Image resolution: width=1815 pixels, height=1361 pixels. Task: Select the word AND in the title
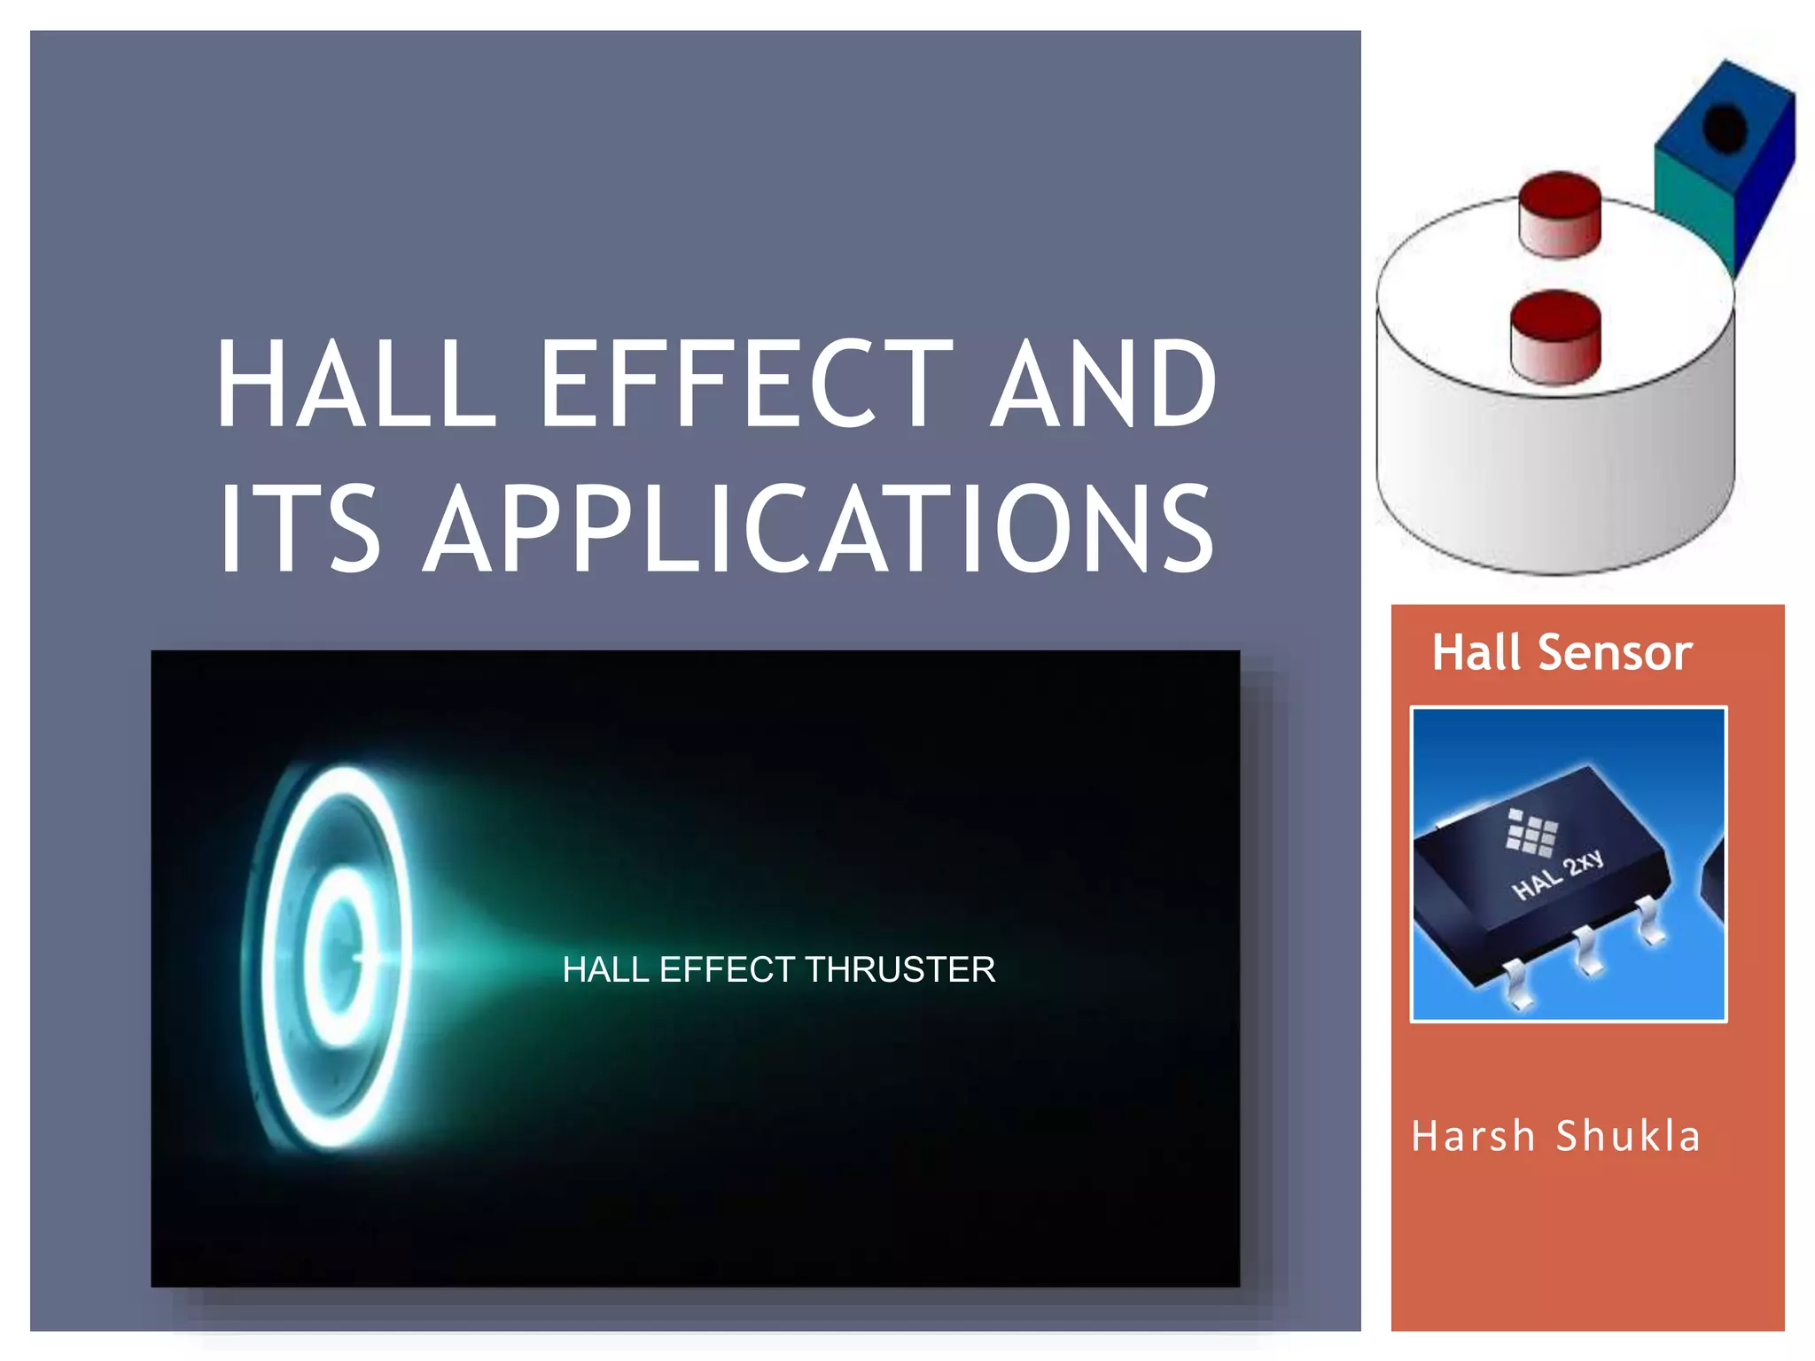[x=1103, y=384]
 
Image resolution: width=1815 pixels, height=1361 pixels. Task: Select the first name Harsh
[x=1473, y=1137]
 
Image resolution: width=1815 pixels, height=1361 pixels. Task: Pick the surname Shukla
[x=1629, y=1137]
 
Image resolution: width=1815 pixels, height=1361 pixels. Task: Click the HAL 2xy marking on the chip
[x=1558, y=874]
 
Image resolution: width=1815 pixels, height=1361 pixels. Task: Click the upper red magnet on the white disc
[x=1560, y=214]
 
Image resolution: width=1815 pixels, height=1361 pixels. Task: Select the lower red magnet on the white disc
[x=1555, y=337]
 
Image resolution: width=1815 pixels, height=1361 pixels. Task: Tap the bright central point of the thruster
[x=359, y=958]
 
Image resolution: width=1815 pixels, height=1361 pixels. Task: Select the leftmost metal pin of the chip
[x=1517, y=988]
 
